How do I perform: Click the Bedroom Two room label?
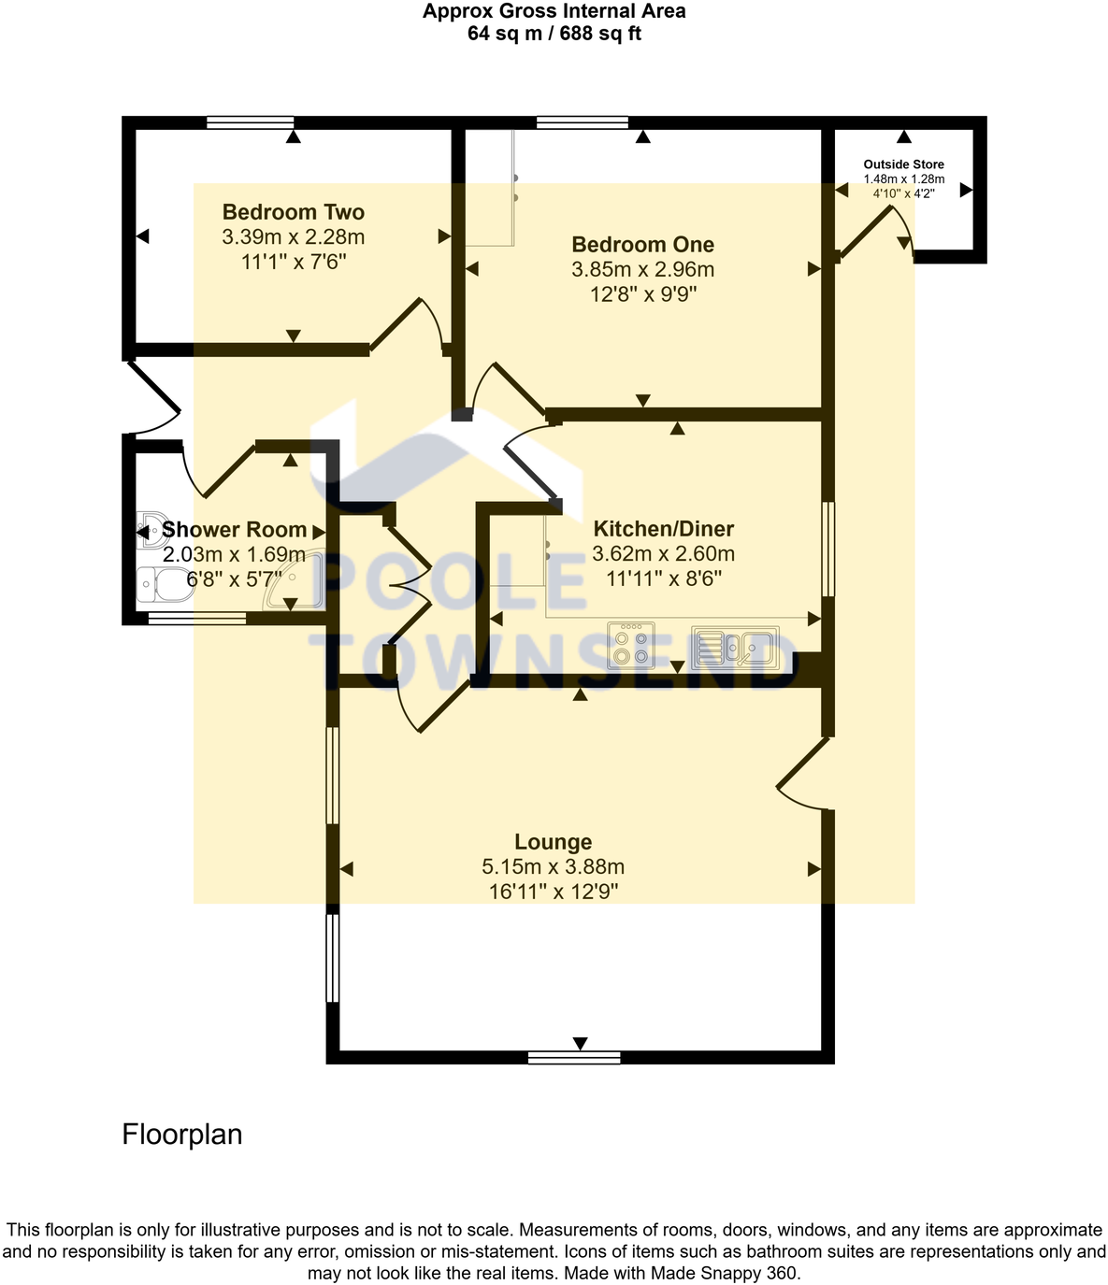point(293,212)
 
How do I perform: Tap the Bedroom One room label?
point(642,245)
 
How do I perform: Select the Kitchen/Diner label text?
point(663,529)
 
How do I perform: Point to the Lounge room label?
point(553,842)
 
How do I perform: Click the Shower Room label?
point(234,530)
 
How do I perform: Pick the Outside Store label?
point(903,164)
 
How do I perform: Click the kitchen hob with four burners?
point(631,646)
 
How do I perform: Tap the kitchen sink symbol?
point(735,646)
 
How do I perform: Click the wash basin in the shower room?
point(150,529)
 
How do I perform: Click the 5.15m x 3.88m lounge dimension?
point(553,866)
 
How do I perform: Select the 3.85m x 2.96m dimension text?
point(642,270)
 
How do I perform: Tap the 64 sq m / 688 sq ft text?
point(554,34)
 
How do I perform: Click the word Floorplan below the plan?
point(182,1135)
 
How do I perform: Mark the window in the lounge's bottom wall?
point(574,1058)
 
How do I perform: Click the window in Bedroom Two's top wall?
point(250,121)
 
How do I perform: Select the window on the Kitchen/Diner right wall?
point(827,550)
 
